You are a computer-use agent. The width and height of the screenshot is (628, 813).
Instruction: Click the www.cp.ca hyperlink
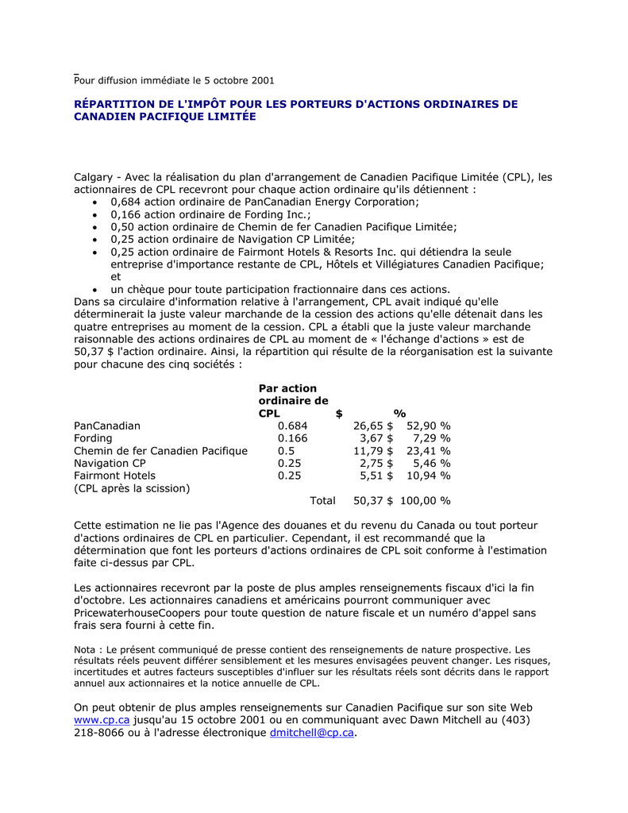[x=102, y=720]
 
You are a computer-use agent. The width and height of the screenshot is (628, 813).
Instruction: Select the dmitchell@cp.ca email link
[x=311, y=733]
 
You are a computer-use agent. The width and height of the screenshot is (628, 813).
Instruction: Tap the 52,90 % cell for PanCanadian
[x=429, y=426]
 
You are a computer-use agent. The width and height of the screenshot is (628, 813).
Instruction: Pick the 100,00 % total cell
[x=425, y=501]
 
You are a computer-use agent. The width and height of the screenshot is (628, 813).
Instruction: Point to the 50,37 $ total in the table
[x=373, y=501]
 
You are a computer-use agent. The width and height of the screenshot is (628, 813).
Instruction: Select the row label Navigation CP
[x=110, y=463]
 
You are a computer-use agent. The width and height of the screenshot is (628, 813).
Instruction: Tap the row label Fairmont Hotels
[x=114, y=476]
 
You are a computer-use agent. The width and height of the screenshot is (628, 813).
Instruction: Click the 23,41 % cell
[x=429, y=451]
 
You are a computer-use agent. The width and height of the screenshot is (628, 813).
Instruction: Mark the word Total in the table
[x=322, y=501]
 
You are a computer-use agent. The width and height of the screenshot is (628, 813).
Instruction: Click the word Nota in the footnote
[x=87, y=649]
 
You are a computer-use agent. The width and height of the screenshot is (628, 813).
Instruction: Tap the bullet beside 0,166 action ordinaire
[x=94, y=215]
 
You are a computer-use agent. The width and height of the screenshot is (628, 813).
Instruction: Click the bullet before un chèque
[x=94, y=290]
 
